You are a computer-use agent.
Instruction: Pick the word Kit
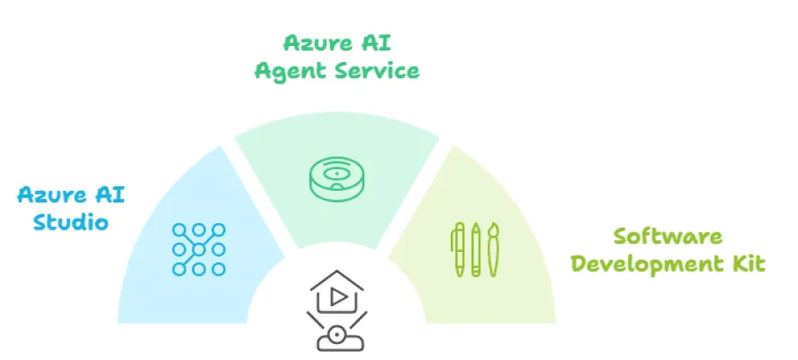[749, 265]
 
